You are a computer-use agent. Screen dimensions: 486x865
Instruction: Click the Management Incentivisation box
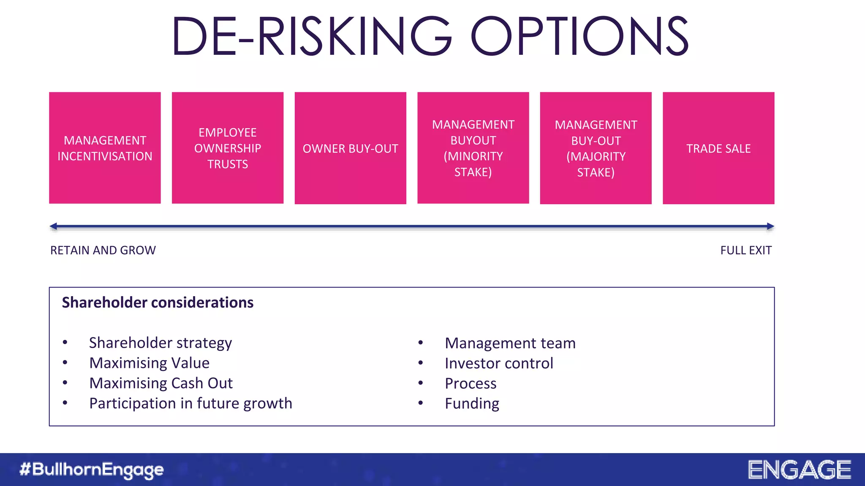(105, 148)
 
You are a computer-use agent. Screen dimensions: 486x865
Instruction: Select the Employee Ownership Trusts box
(228, 148)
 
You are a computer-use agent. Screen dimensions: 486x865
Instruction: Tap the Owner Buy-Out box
(351, 148)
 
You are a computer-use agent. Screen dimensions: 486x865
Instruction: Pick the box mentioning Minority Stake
(473, 148)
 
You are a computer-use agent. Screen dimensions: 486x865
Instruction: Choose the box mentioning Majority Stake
(596, 148)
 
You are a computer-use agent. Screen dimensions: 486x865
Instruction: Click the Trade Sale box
(718, 148)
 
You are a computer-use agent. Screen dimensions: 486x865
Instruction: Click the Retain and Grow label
(103, 251)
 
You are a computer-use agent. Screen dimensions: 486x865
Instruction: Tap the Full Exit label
(746, 251)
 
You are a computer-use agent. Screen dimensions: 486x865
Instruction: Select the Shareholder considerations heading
(158, 302)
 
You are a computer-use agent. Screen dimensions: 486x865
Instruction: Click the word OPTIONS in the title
(579, 36)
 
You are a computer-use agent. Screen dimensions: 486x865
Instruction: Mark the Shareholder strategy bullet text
(160, 343)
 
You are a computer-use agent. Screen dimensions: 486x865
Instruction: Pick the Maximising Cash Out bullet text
(161, 383)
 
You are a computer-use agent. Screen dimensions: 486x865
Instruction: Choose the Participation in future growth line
(190, 403)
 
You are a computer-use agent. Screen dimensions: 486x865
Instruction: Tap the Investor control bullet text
(499, 363)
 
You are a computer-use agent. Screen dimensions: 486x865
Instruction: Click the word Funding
(472, 404)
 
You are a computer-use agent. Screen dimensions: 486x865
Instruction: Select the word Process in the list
(471, 383)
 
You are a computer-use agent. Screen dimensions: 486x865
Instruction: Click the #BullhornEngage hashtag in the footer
(92, 470)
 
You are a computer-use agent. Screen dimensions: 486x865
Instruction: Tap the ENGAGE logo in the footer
(800, 470)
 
